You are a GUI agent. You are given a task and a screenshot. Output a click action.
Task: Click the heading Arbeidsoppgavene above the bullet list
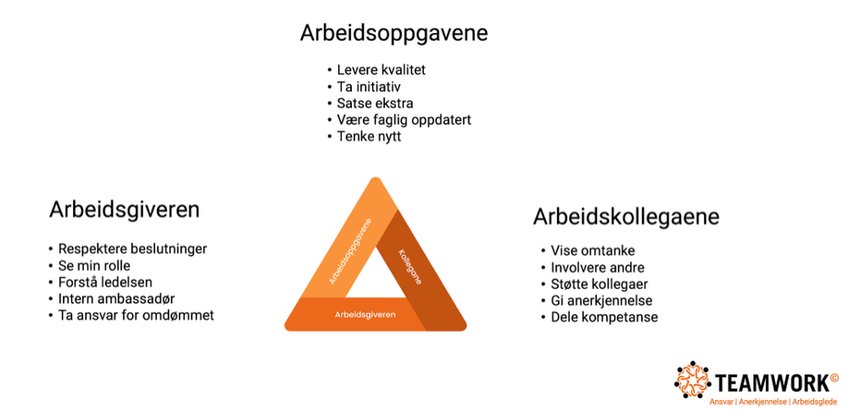click(394, 34)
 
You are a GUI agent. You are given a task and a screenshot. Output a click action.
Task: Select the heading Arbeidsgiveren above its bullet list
click(124, 210)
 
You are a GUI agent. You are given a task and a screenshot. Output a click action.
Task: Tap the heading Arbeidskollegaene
click(626, 217)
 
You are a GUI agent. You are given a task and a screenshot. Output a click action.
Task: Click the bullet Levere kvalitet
click(381, 70)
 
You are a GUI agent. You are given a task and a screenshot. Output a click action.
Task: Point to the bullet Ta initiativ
click(369, 87)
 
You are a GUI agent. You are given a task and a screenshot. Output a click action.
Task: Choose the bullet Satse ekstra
click(375, 103)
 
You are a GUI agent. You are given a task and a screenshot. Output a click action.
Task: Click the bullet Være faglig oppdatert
click(404, 119)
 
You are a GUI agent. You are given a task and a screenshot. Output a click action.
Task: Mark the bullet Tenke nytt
click(369, 136)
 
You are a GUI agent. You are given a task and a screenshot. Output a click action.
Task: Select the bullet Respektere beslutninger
click(132, 249)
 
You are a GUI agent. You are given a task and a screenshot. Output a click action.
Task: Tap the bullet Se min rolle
click(94, 265)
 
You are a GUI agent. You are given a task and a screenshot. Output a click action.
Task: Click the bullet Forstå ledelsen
click(105, 283)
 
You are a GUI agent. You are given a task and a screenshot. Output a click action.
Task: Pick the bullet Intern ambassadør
click(117, 298)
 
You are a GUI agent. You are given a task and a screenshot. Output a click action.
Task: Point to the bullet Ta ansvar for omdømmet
click(136, 315)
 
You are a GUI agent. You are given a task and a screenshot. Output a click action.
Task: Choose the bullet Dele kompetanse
click(605, 317)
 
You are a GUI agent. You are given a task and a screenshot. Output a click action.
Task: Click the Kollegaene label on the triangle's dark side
click(410, 266)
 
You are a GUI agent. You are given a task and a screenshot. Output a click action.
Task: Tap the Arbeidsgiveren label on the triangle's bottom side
click(365, 314)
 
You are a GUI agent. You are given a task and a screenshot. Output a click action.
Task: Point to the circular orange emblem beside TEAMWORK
click(694, 379)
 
